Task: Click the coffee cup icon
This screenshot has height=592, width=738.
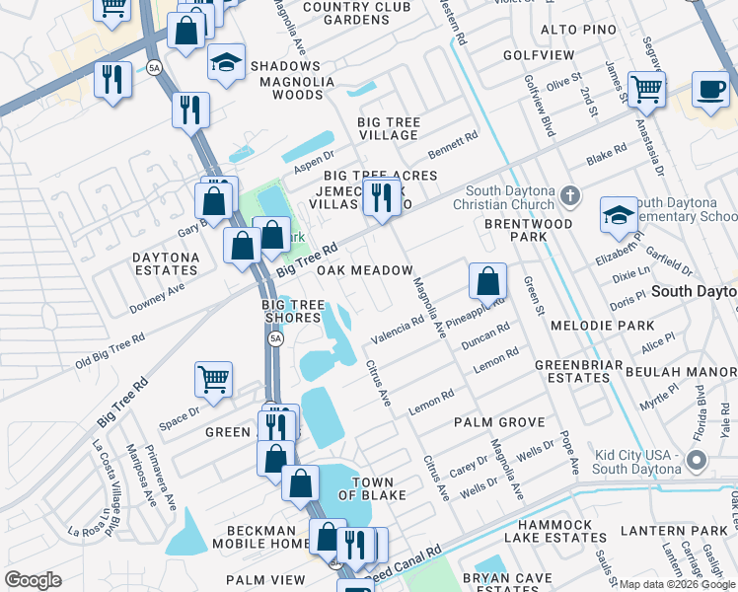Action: [709, 89]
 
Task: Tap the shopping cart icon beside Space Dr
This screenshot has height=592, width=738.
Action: [213, 378]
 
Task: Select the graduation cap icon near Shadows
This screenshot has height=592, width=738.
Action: [226, 62]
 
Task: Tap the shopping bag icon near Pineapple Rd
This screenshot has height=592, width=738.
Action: [487, 281]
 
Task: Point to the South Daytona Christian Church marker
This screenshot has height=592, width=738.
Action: [569, 195]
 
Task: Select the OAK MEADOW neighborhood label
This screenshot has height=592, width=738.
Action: [364, 270]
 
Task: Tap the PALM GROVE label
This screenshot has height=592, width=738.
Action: [499, 422]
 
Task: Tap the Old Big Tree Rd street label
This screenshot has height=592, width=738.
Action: [110, 351]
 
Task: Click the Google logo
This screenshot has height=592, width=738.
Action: [33, 580]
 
